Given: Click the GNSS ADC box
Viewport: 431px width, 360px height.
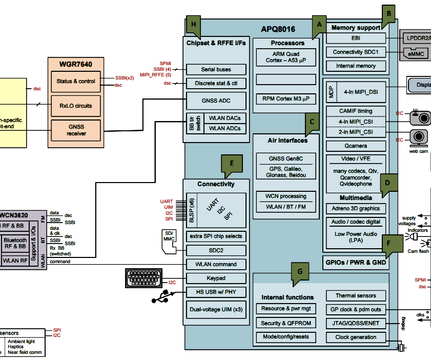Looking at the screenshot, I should [x=216, y=101].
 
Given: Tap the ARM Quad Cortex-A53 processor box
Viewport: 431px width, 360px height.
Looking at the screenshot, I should [x=286, y=57].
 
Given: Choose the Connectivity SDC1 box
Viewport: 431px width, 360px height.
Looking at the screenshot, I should [x=356, y=52].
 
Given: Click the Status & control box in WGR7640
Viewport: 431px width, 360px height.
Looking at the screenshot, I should [x=79, y=82].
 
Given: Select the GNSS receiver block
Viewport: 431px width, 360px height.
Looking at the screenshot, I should [x=76, y=130].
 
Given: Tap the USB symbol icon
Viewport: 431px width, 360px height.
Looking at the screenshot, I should [x=163, y=296].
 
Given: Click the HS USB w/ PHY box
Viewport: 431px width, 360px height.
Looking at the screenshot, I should [x=216, y=292].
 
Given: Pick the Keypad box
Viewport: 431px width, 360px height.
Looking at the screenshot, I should [x=216, y=278].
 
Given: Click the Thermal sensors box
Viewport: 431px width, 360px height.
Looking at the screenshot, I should [x=356, y=296].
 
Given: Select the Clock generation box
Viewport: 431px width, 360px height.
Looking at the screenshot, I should [x=356, y=337].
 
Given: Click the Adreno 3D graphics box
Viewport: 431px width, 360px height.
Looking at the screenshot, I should [x=356, y=209].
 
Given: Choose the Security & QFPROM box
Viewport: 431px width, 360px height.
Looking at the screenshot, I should [x=285, y=323].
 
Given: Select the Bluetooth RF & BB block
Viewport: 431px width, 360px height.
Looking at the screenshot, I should [x=15, y=244].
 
